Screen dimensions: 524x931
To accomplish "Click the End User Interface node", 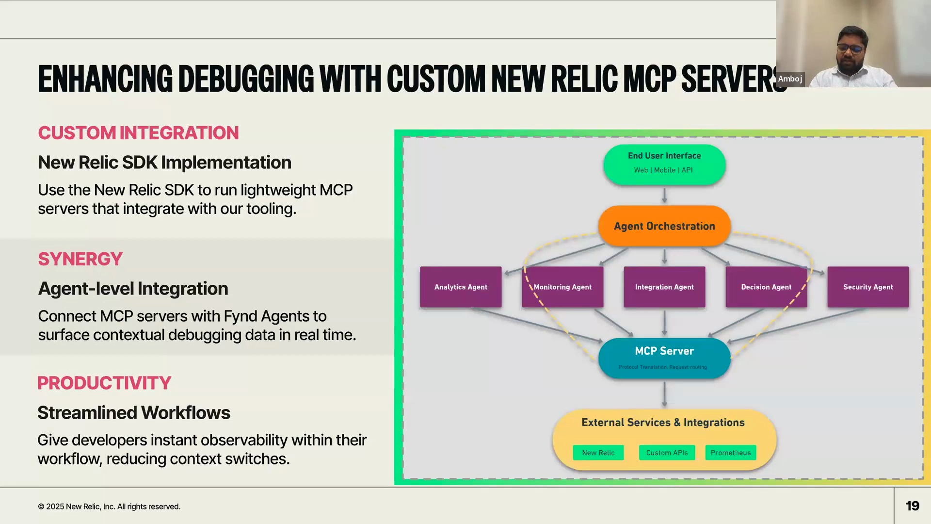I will pos(664,164).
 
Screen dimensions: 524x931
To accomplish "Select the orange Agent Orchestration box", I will pos(664,226).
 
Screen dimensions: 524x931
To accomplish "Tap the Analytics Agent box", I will pos(461,287).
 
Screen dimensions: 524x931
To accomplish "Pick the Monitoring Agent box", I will pos(562,287).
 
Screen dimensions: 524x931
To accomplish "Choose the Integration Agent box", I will pos(664,287).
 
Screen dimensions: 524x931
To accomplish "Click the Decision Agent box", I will pos(766,287).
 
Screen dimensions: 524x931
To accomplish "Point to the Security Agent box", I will pos(868,287).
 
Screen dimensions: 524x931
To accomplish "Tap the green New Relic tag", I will pos(598,453).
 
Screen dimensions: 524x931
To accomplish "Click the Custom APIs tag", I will pos(667,453).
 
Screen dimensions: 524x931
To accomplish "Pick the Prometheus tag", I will pos(730,453).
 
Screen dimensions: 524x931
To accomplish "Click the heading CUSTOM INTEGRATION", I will pos(138,133).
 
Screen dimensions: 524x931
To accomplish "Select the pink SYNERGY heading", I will pos(80,259).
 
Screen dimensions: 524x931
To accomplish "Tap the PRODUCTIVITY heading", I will pos(104,383).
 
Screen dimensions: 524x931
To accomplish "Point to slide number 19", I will pos(912,506).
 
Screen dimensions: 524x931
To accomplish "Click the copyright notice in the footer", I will pos(109,507).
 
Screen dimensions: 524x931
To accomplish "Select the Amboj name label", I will pos(790,79).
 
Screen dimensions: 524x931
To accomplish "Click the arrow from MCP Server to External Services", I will pos(664,394).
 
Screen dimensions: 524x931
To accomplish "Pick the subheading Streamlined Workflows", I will pos(134,413).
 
